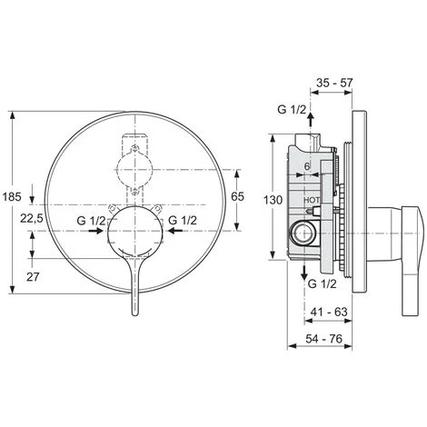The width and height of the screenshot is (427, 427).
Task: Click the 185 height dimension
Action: click(x=12, y=197)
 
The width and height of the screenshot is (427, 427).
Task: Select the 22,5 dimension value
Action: click(x=32, y=218)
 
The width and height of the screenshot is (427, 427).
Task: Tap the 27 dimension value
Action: click(x=33, y=276)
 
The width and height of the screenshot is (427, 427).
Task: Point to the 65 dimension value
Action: click(x=237, y=196)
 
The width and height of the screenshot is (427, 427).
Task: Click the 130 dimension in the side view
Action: click(x=273, y=200)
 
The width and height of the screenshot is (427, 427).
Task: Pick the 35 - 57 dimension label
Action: click(x=334, y=83)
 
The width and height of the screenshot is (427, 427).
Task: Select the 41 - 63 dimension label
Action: click(x=329, y=312)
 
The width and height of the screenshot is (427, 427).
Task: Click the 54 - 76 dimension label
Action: click(x=323, y=339)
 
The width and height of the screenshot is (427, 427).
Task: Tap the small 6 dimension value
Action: click(x=307, y=166)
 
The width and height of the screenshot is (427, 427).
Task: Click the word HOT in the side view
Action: click(x=312, y=200)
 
